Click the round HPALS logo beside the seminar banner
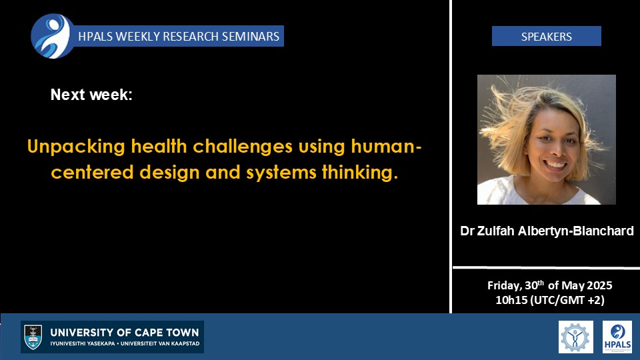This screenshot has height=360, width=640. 53,36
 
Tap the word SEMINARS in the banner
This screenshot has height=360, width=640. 250,36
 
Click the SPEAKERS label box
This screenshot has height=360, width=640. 546,36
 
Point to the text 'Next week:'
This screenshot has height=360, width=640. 91,95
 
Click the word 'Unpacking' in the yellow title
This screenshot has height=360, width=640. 76,147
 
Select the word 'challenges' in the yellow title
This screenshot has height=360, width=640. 243,146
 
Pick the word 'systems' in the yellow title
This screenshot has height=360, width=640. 281,173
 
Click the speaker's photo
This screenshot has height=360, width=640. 547,139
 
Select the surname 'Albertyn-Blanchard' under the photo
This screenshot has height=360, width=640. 575,231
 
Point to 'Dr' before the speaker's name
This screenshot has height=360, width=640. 467,231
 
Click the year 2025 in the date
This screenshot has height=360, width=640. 599,285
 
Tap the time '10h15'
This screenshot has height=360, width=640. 511,301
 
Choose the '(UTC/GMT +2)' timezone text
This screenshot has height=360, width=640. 567,301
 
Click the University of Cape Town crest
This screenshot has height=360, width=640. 33,337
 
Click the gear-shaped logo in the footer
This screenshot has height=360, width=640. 575,337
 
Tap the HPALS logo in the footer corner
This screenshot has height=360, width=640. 617,337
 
